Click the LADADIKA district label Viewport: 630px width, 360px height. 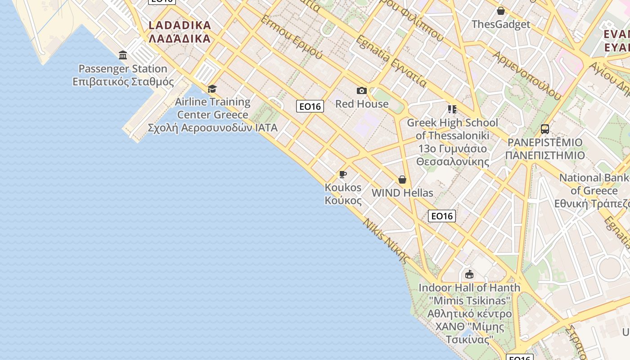point(180,31)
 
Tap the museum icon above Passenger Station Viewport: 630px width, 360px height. point(123,55)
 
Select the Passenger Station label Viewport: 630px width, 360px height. point(123,75)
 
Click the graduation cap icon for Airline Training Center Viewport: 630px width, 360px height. point(212,89)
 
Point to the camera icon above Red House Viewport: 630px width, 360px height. point(361,91)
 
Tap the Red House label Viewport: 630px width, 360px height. point(362,104)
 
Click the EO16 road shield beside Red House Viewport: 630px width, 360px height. point(310,106)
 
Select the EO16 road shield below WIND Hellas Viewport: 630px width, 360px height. point(441,216)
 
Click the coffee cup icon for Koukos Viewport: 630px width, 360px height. point(343,175)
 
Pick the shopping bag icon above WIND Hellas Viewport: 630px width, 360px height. point(402,180)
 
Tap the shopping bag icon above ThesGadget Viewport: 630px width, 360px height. point(500,11)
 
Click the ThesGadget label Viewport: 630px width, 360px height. point(501,24)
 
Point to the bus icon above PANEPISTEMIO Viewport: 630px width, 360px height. point(545,129)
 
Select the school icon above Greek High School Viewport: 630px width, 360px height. point(452,109)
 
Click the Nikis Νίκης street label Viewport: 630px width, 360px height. point(387,241)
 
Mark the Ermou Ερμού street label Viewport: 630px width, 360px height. point(292,37)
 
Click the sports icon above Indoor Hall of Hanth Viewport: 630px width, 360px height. point(469,274)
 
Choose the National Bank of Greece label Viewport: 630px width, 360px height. point(594,190)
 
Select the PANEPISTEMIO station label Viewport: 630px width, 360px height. point(545,149)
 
